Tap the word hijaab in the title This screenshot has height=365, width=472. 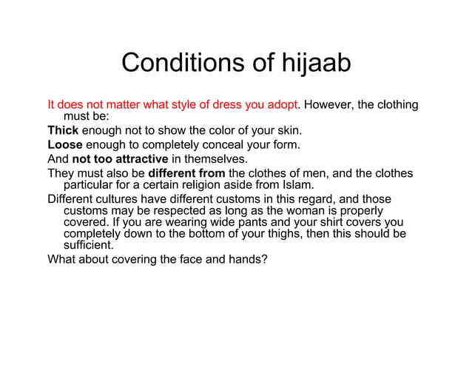point(309,64)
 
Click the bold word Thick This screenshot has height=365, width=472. point(63,130)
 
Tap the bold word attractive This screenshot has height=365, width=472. point(143,158)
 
